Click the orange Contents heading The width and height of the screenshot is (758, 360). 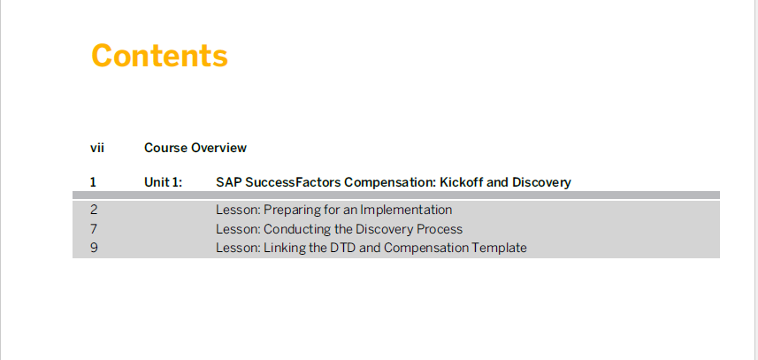(159, 56)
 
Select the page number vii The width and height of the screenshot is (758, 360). (97, 148)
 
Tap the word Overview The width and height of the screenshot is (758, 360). (219, 148)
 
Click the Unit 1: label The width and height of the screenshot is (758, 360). (164, 182)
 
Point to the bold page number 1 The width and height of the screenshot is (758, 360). (93, 182)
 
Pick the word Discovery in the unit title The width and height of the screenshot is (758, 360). (541, 182)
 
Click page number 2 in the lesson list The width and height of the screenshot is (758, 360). (94, 210)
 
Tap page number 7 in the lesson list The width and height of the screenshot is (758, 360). (94, 228)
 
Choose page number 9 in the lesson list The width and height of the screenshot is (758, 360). (94, 248)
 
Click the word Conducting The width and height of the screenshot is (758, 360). (293, 228)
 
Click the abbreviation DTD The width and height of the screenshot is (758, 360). (342, 248)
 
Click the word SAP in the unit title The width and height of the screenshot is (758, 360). (229, 182)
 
